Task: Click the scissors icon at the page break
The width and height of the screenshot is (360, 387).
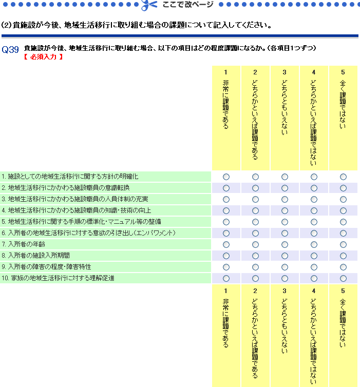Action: pos(148,5)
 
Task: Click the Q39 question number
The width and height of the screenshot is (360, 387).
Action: pos(10,50)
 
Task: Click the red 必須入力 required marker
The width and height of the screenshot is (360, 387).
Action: pos(44,57)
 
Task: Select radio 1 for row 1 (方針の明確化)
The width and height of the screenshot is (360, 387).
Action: pos(226,177)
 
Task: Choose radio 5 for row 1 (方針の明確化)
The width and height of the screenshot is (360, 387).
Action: pos(343,177)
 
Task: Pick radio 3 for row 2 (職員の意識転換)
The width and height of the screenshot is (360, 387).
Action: pos(285,188)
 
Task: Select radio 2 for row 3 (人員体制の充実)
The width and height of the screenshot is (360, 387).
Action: pos(255,199)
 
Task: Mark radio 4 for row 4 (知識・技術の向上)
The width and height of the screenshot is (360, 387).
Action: pos(314,210)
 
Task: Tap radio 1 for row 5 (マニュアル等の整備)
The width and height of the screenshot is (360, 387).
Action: pos(226,222)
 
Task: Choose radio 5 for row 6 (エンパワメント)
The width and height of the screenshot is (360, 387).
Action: pos(343,233)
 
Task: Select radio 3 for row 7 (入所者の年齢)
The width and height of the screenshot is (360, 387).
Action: pos(285,244)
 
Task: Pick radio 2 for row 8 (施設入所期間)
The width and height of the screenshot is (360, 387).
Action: pos(255,256)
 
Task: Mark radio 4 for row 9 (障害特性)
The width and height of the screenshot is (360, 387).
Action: pos(314,267)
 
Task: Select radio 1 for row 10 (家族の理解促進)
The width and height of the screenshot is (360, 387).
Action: pos(226,278)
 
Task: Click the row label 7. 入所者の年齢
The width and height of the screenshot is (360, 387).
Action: pos(20,244)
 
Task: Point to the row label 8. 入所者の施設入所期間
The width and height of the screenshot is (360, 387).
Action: pos(35,256)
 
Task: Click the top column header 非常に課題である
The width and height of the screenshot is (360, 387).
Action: pos(226,103)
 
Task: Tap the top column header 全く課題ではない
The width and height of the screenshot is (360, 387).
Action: pos(343,103)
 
